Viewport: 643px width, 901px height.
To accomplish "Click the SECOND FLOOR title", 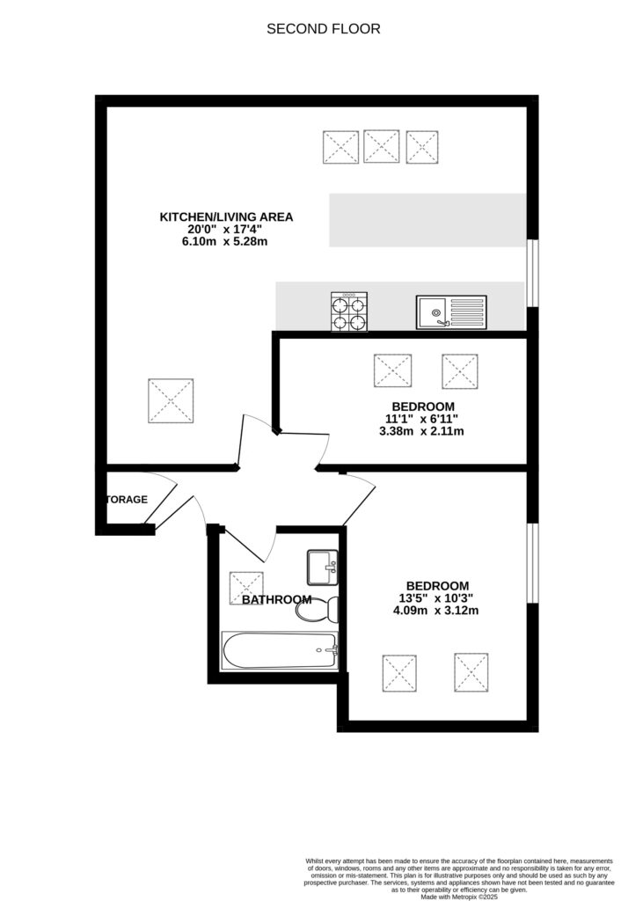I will [x=323, y=29].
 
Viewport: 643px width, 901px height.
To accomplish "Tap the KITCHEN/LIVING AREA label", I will [x=226, y=216].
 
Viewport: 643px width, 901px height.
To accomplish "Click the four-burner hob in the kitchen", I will [x=348, y=312].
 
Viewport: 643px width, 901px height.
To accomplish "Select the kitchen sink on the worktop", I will [x=450, y=311].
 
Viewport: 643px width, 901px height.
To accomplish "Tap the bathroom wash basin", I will [x=322, y=567].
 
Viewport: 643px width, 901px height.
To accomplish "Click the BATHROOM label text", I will [x=276, y=600].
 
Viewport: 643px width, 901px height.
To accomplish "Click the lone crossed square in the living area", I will [x=171, y=400].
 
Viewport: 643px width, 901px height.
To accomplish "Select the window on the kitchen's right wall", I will [x=531, y=273].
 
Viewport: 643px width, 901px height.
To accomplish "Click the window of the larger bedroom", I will [x=531, y=563].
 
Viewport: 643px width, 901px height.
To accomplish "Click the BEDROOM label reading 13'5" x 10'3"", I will [x=437, y=586].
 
